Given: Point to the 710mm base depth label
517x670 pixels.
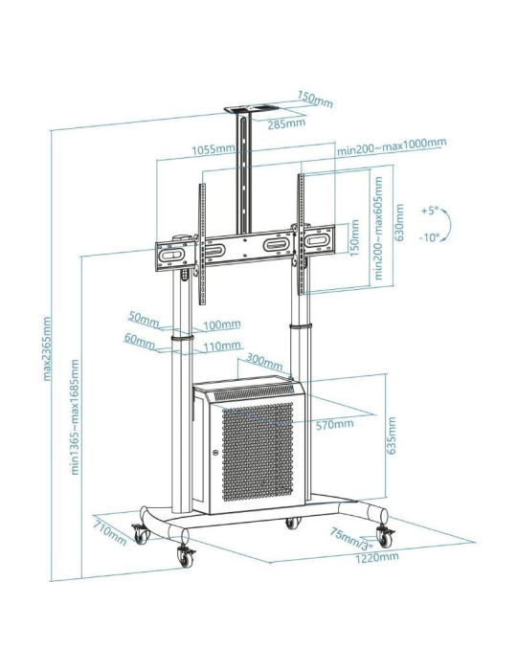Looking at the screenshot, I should click(109, 528).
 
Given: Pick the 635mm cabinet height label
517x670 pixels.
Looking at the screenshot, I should click(392, 436).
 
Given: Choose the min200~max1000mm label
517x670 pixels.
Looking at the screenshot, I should click(391, 145).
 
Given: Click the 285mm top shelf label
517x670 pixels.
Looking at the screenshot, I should click(287, 123).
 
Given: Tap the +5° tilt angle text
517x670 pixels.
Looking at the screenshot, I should click(429, 210).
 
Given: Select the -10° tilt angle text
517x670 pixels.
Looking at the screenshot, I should click(429, 237).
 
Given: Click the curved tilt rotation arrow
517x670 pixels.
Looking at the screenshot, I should click(451, 224).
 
